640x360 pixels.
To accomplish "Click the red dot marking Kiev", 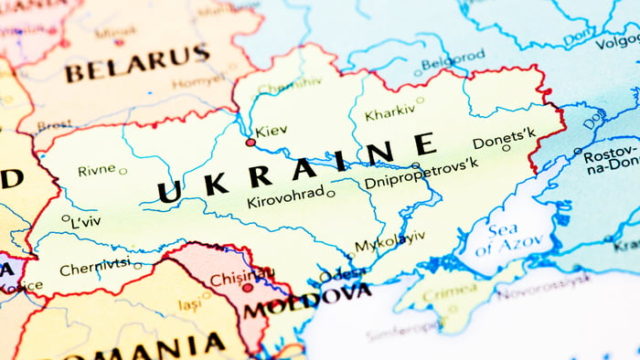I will point(251,143).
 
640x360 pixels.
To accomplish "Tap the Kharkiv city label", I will point(389,114).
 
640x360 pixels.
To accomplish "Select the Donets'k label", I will point(504,137).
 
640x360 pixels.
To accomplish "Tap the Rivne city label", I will point(96,170).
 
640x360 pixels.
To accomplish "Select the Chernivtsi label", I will point(94,269).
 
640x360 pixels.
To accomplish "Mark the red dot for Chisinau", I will point(247,287).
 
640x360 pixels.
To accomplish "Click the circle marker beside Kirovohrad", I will point(331,193).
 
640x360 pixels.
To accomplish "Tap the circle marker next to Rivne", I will point(123,171).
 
